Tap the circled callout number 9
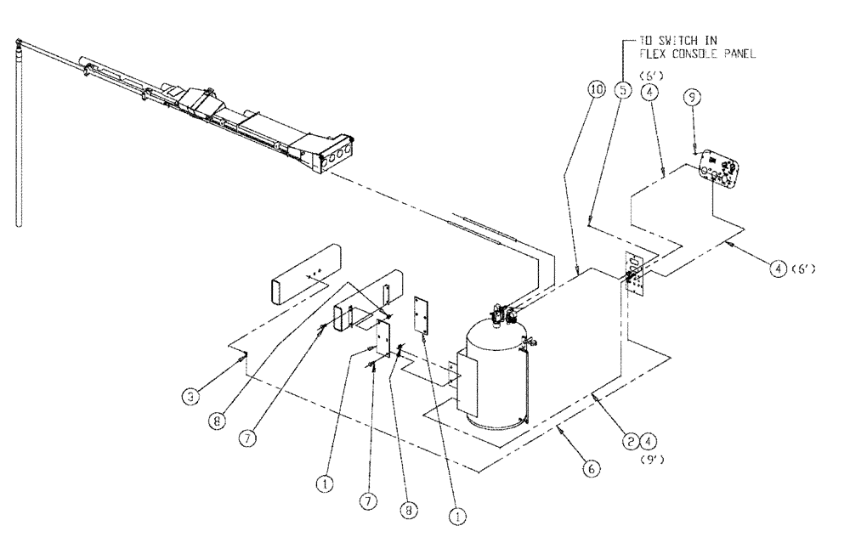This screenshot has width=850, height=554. click(694, 98)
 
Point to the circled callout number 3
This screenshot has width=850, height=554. click(195, 396)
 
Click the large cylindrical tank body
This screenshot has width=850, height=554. click(493, 374)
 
